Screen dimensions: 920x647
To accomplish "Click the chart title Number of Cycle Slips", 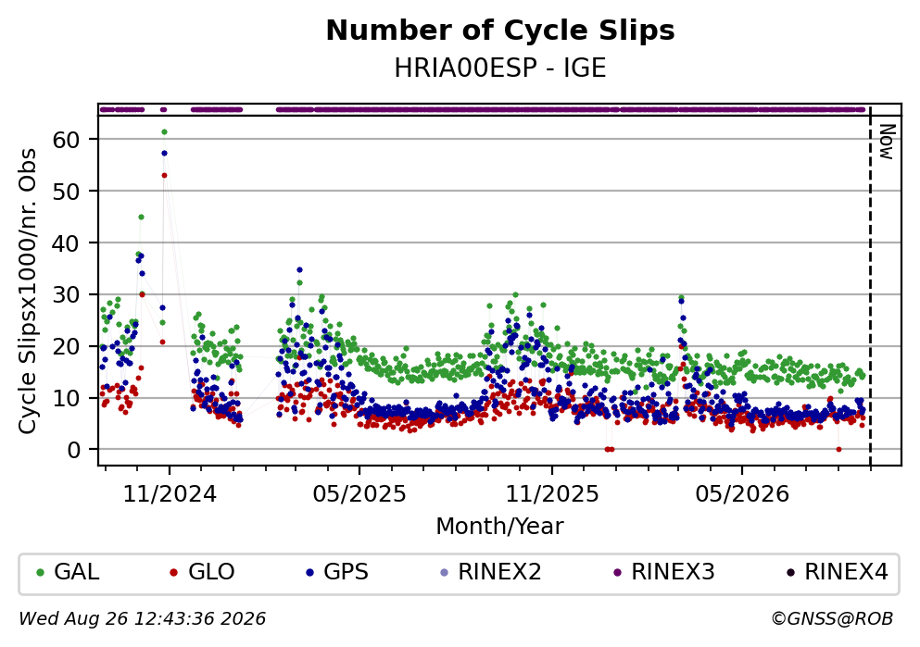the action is (x=500, y=31).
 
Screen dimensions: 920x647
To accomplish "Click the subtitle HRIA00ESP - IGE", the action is (x=500, y=68).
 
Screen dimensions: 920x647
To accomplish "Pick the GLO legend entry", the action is (x=202, y=571).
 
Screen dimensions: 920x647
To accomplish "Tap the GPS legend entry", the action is (x=337, y=571).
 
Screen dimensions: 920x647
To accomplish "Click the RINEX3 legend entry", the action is (x=664, y=571).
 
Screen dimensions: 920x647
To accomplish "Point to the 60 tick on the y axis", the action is (x=67, y=140).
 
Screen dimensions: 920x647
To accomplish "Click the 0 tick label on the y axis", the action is (x=74, y=450).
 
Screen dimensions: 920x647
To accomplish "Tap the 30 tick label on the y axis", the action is (x=67, y=294).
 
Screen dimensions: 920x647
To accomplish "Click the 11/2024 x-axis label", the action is (x=170, y=494).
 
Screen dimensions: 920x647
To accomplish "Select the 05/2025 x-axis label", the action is (x=359, y=494).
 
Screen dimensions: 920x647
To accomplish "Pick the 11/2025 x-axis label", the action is (x=552, y=494).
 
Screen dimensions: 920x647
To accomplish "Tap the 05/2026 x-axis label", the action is (x=742, y=494).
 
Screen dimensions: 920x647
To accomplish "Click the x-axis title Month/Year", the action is (x=499, y=527).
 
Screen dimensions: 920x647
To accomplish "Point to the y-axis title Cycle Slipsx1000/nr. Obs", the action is (x=27, y=292).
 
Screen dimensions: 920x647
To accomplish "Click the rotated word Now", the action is (x=887, y=142).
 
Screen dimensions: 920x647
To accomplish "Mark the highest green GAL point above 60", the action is (x=164, y=131).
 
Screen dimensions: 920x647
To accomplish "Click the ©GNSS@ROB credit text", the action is (x=832, y=619).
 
